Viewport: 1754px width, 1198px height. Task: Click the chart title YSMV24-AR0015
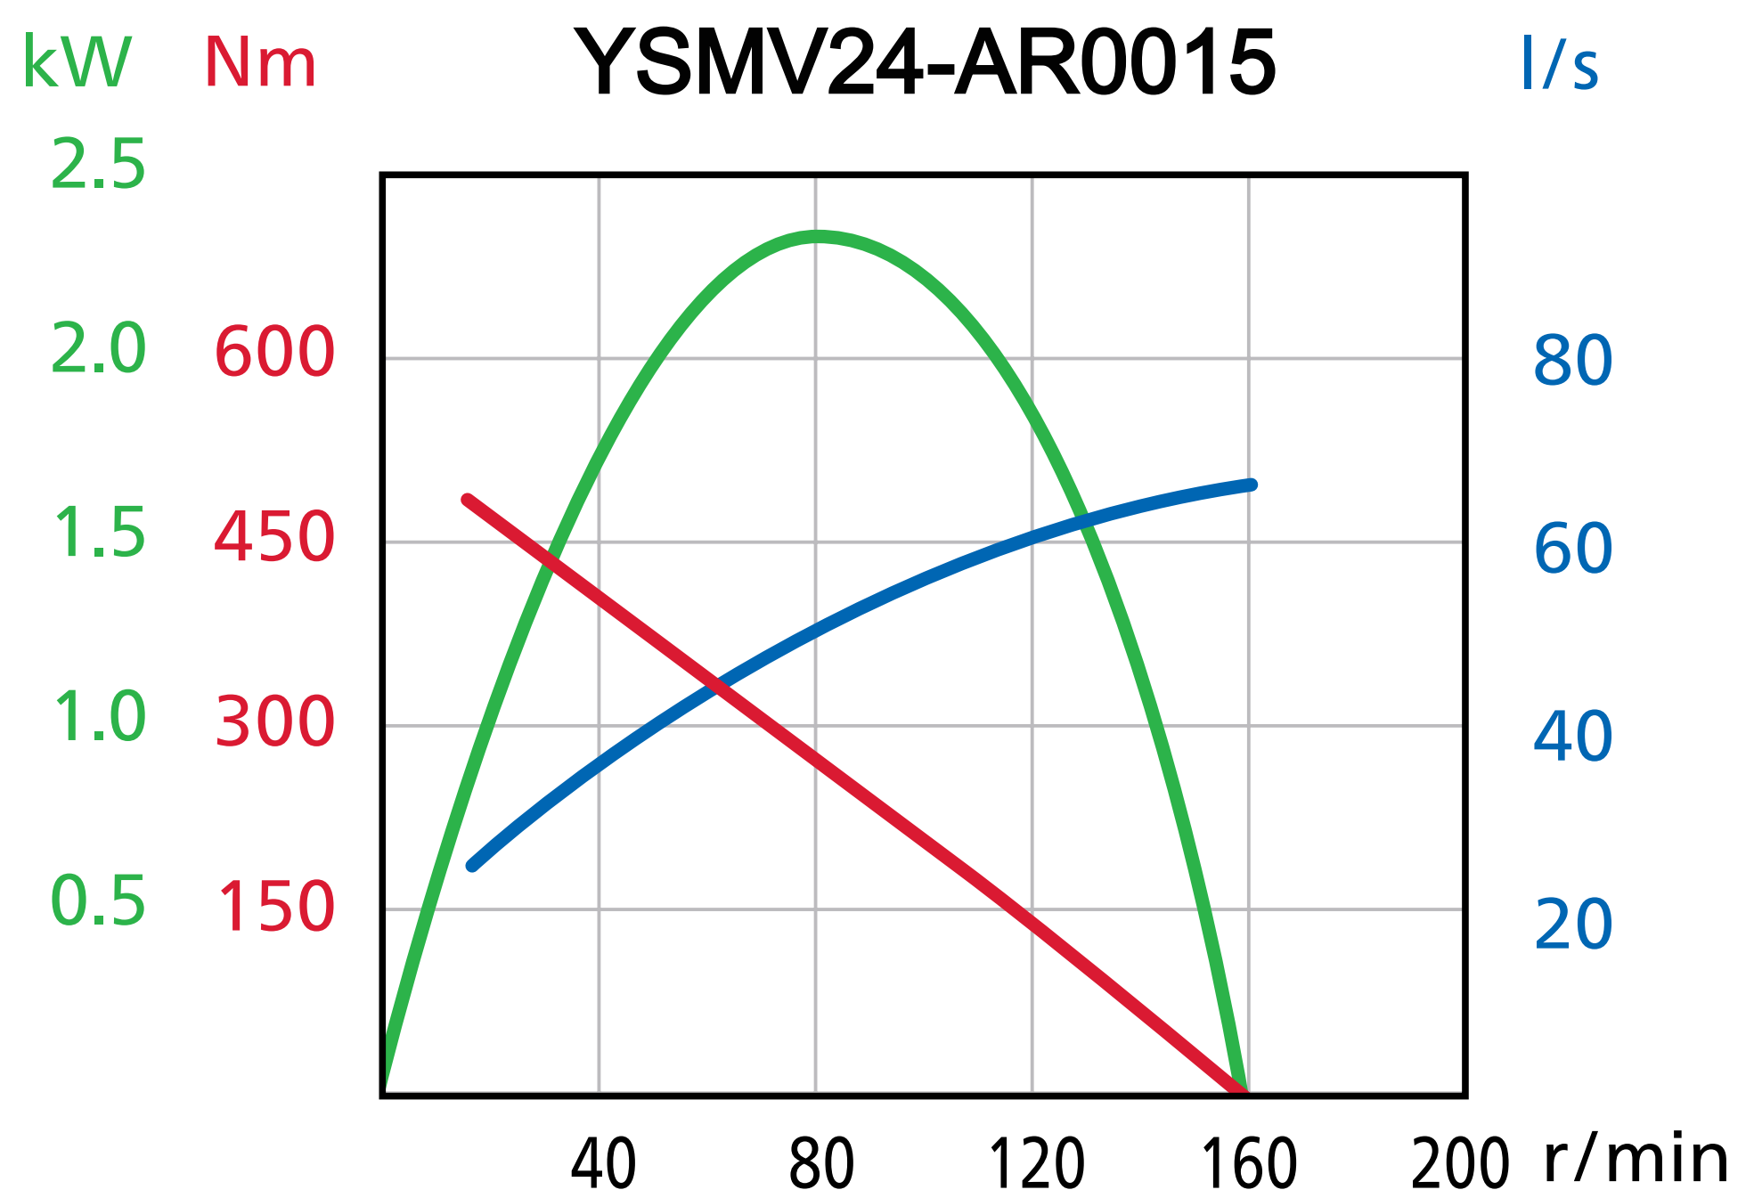[x=925, y=62]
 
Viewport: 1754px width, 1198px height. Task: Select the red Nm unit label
[x=260, y=64]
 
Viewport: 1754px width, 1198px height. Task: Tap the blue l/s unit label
[x=1559, y=64]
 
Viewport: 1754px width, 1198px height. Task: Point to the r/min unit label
[x=1636, y=1160]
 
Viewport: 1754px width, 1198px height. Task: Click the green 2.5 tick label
[x=98, y=166]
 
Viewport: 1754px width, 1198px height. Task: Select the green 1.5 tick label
[x=98, y=534]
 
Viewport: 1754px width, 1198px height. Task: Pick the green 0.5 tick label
[x=98, y=901]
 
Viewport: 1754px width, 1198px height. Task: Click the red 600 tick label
[x=274, y=352]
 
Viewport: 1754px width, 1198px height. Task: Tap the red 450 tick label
[x=274, y=537]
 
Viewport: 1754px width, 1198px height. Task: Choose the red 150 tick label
[x=274, y=907]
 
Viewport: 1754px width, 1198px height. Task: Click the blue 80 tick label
[x=1572, y=361]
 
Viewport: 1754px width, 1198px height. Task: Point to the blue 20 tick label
[x=1572, y=925]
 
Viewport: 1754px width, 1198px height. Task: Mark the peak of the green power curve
[x=816, y=236]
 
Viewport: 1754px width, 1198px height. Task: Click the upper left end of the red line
[x=468, y=500]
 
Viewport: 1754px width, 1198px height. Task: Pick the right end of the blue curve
[x=1251, y=485]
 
